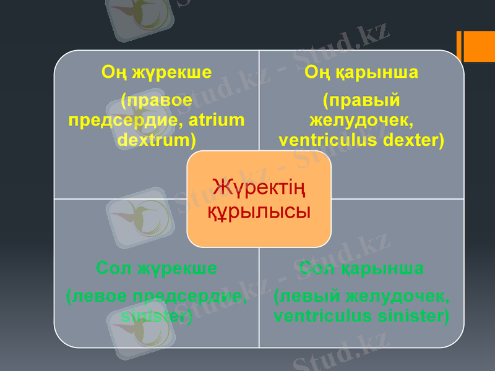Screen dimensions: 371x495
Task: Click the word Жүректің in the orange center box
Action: tap(259, 186)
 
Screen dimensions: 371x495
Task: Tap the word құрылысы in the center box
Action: tap(259, 211)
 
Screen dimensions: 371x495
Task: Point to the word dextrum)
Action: tap(157, 139)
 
